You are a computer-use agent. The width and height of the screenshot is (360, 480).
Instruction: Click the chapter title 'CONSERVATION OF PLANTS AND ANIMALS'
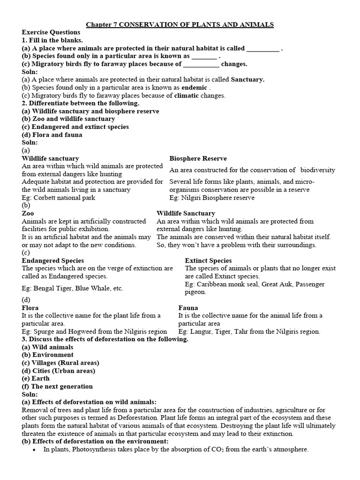pos(196,24)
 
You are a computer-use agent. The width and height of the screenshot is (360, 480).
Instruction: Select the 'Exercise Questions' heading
pos(51,32)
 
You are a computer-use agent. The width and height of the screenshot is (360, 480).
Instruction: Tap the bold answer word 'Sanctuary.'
pos(247,80)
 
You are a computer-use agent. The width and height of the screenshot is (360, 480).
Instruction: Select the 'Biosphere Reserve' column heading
pos(198,158)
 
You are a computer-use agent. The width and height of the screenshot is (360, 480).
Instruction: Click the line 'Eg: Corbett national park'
pos(59,198)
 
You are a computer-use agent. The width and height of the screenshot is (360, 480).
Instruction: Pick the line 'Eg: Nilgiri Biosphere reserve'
pos(212,198)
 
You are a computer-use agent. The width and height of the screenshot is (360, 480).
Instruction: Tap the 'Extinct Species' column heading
pos(208,261)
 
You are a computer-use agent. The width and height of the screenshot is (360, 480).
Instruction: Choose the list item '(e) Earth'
pos(35,379)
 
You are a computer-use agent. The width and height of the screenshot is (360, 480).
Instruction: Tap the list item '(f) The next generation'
pos(57,387)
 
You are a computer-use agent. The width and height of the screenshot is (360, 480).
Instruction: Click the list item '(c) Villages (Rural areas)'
pos(60,363)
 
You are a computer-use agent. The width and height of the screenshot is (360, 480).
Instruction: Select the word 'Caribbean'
pos(212,285)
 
